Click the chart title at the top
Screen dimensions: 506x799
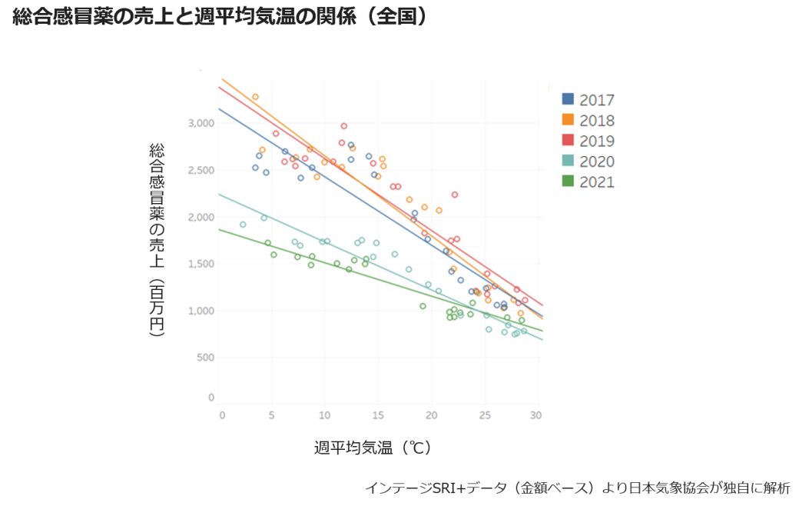[x=220, y=18]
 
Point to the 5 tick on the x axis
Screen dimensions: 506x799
[x=271, y=415]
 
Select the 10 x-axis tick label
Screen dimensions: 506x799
[x=324, y=415]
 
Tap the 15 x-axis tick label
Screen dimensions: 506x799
[x=377, y=415]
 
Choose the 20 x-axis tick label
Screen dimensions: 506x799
[x=431, y=415]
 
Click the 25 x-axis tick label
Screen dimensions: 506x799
[x=484, y=415]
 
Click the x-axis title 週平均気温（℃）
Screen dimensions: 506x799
[x=372, y=448]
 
